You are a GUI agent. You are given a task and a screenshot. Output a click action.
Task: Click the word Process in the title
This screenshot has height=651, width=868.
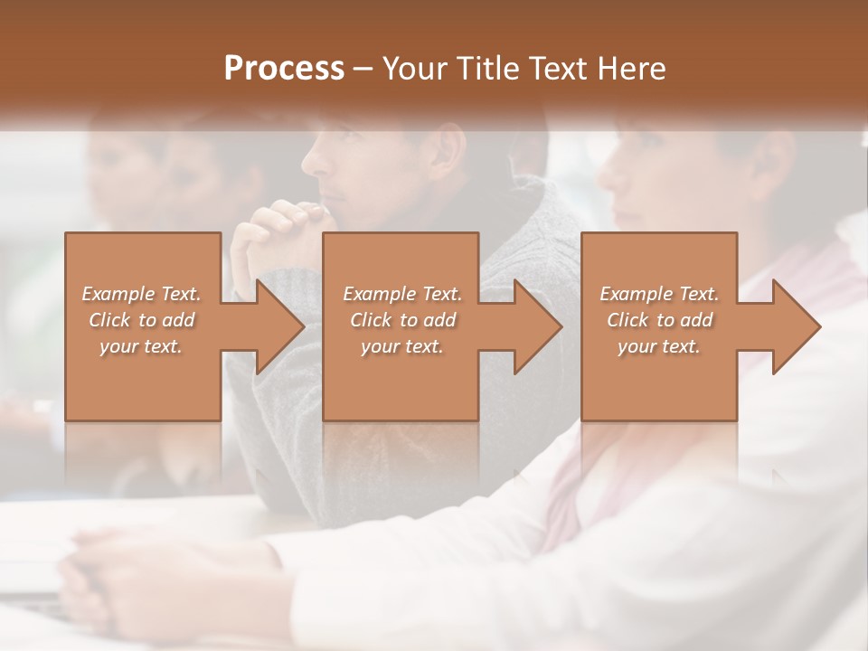tap(284, 68)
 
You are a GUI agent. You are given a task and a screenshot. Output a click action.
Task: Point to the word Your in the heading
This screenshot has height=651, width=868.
tap(412, 68)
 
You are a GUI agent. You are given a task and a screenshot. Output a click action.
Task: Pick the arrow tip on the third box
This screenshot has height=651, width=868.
tap(818, 326)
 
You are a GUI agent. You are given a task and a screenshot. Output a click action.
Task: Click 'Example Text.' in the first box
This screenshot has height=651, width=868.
tap(141, 294)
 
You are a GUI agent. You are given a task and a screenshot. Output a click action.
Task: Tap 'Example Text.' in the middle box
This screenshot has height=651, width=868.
tap(402, 294)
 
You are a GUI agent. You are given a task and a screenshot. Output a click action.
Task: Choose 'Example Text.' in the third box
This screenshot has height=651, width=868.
tap(659, 294)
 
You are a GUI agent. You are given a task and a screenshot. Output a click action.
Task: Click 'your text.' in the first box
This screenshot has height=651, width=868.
tap(141, 346)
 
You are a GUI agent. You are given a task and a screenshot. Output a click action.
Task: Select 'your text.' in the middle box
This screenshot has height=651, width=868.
tap(402, 346)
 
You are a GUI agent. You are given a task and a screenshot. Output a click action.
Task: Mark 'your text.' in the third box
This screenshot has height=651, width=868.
tap(659, 346)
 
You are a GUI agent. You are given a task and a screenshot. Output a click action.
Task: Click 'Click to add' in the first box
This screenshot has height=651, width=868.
tap(141, 320)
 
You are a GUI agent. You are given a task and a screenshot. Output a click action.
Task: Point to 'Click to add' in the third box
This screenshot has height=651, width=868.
tap(659, 320)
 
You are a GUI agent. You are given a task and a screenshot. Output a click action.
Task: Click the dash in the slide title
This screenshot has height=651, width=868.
tap(363, 69)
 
